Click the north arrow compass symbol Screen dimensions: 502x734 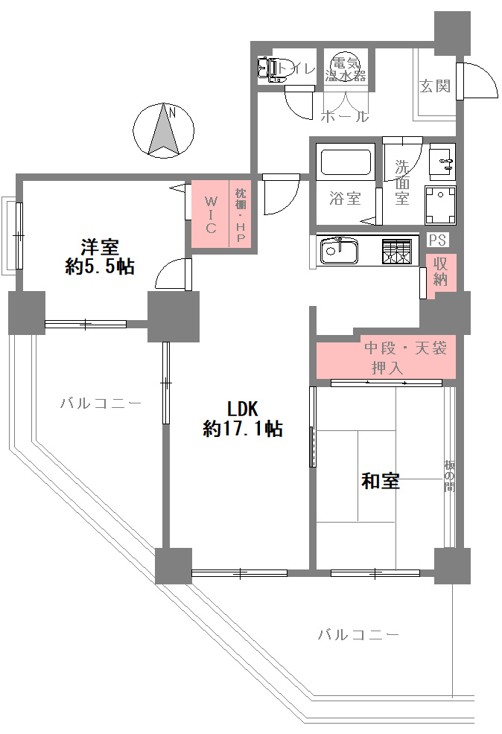163,130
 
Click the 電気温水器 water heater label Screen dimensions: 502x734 346,68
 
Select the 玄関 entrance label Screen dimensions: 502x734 434,86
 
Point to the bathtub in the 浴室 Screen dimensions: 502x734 345,161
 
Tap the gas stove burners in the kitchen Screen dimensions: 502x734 397,252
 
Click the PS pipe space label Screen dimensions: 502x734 437,240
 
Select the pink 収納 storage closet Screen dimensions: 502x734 440,275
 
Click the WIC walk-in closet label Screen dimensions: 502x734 211,214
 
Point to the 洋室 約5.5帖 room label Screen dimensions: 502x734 100,257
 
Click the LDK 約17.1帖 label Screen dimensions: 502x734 242,418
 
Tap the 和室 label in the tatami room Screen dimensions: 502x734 380,481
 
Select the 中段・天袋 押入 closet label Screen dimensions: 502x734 404,357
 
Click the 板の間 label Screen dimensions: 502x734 449,476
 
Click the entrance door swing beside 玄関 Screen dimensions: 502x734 477,80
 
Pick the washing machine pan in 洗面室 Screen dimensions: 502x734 440,205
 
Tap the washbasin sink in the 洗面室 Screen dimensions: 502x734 442,162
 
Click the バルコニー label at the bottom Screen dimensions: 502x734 359,635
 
